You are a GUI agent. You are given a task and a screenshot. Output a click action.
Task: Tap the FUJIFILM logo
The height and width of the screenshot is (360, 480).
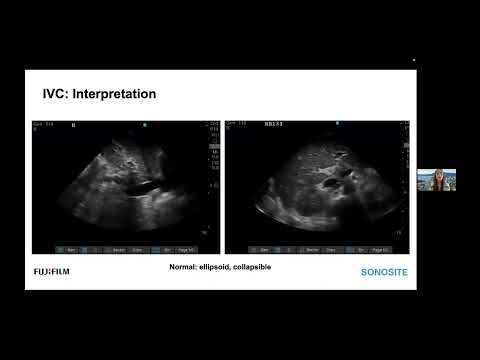49,271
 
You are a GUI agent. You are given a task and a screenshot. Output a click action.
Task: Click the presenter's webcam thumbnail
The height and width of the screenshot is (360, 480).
436,179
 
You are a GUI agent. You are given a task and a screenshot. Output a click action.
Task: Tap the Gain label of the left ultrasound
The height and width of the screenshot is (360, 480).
40,125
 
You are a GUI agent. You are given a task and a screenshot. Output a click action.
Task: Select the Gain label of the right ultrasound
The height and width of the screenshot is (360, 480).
232,125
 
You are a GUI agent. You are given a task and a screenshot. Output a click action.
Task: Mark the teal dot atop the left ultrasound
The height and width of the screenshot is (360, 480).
144,125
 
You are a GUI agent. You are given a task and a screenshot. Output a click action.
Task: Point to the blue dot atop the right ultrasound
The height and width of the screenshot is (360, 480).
337,125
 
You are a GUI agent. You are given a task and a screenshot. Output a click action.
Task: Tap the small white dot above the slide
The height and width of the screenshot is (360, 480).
413,60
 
